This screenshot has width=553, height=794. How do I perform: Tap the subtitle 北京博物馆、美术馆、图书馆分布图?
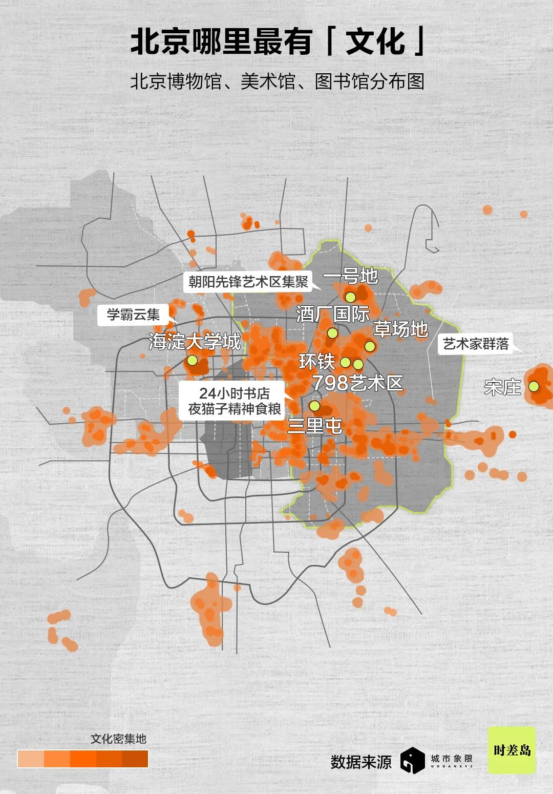(277, 81)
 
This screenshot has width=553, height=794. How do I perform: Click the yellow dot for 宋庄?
(534, 386)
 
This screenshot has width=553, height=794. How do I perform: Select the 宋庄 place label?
(502, 387)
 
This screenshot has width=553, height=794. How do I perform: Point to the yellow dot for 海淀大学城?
(193, 360)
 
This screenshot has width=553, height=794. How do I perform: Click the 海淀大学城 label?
(195, 341)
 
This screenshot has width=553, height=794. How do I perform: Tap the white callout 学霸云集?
(133, 314)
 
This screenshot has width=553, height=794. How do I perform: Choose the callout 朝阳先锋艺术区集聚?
(248, 282)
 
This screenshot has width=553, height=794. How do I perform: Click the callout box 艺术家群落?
(476, 344)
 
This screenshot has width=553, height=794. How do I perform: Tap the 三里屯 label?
(314, 425)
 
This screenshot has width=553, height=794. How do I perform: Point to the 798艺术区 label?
(357, 383)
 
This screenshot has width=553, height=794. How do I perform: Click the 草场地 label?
(400, 328)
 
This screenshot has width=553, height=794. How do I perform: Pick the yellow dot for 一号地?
(350, 297)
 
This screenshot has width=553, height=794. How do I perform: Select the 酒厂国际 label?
(333, 314)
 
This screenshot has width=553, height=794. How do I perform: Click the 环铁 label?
(317, 362)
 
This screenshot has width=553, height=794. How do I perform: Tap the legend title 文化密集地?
(118, 739)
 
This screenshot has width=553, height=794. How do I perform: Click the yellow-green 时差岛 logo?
(512, 750)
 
